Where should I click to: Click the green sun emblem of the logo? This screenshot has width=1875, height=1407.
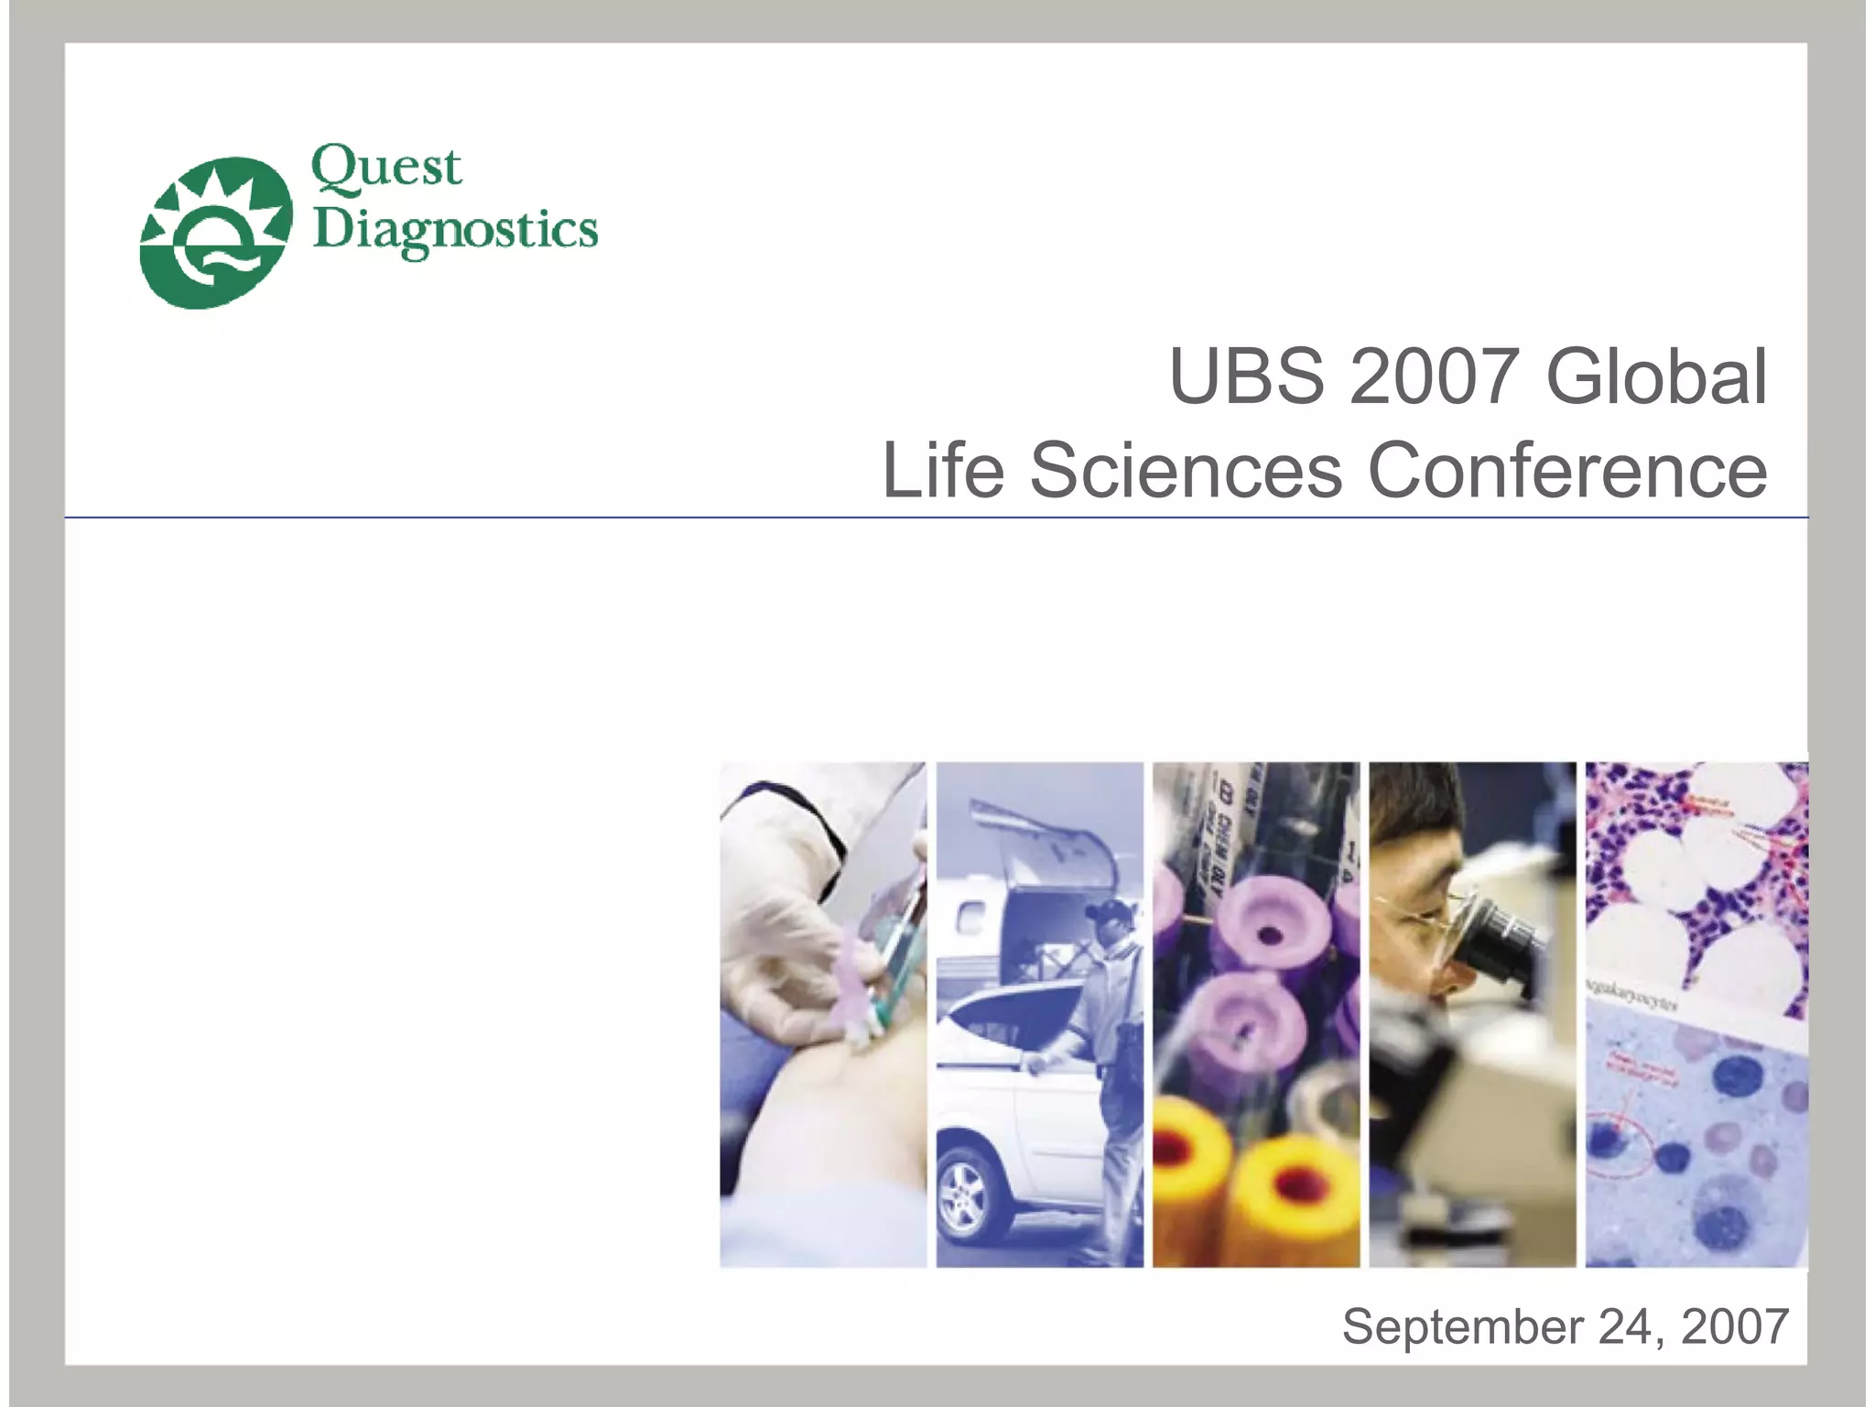pos(216,233)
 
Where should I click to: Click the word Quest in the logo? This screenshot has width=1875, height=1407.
pos(386,169)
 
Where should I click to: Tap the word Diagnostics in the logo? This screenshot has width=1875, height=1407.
pos(455,231)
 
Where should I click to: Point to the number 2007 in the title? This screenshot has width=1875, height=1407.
pos(1434,376)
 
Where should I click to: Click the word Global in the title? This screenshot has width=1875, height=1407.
pos(1656,376)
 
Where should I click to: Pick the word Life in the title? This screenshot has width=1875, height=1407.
pos(943,470)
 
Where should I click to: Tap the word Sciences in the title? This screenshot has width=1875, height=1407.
pos(1186,470)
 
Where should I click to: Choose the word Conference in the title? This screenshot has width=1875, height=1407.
pos(1566,470)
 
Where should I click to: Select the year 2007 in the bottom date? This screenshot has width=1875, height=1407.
pos(1734,1326)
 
